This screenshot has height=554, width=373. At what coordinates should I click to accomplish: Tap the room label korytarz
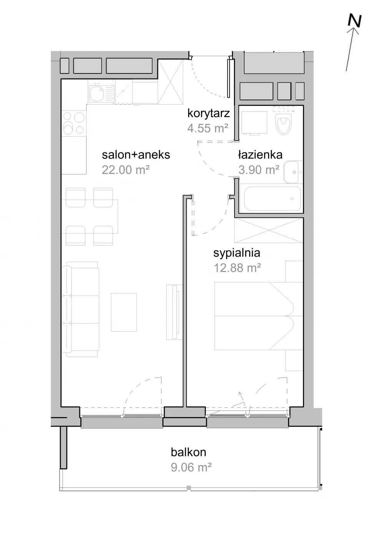pos(209,113)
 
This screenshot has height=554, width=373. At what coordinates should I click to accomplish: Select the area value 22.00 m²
pos(126,170)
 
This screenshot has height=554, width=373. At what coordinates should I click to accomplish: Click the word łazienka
pos(260,155)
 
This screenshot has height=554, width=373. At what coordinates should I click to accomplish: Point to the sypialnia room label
pos(237,253)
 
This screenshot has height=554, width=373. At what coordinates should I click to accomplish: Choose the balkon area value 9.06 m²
pos(191,468)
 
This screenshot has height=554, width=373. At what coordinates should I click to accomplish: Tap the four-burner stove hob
pos(74,123)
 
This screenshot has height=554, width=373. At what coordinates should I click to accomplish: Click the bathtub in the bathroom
pos(272,199)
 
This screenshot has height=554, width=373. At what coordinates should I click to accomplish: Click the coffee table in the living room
pos(124,312)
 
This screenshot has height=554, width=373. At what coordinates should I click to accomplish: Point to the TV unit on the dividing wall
pos(174,312)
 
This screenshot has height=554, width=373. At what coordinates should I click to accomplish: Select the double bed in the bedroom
pos(258,316)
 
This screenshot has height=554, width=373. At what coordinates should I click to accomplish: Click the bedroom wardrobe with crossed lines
pos(269,230)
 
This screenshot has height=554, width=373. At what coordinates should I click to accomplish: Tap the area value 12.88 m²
pos(237,268)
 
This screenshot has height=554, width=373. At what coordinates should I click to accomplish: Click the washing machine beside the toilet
pos(254,123)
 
